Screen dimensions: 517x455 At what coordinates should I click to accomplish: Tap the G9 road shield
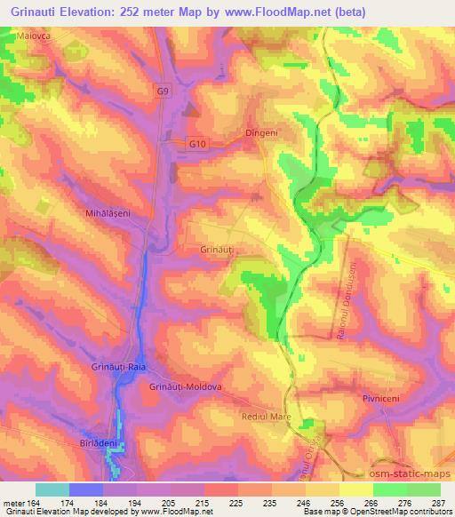(161, 91)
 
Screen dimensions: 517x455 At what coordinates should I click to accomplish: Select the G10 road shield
(196, 142)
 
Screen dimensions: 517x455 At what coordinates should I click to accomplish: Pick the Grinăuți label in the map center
(217, 251)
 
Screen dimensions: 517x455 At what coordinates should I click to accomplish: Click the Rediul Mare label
(266, 416)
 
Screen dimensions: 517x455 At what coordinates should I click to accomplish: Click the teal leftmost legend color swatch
(52, 489)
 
